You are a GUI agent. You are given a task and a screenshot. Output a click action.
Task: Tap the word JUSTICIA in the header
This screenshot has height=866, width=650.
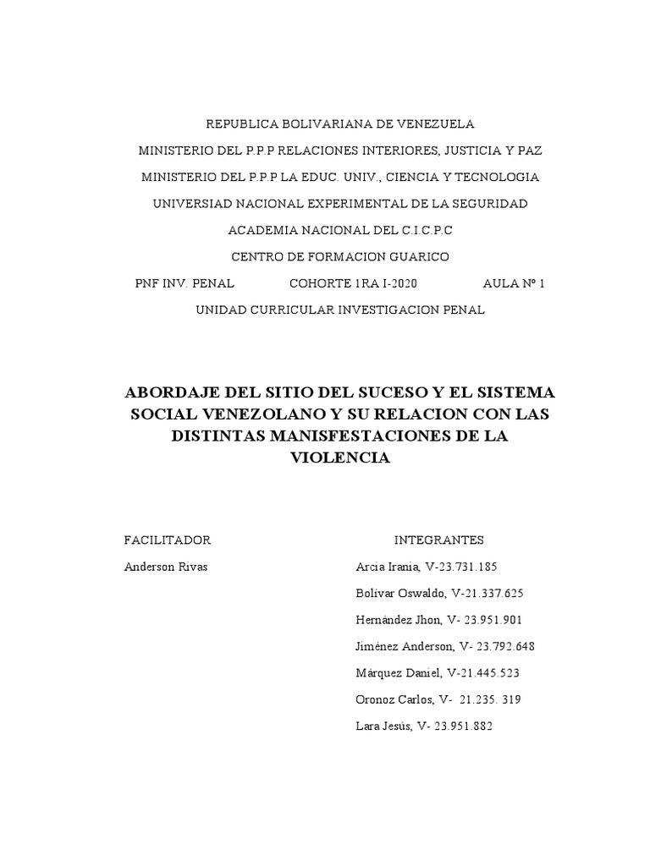tap(471, 151)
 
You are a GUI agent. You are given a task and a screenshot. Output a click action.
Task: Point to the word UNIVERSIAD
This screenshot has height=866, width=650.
tap(193, 204)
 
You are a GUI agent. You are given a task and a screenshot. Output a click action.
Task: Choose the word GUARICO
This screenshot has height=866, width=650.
tap(417, 256)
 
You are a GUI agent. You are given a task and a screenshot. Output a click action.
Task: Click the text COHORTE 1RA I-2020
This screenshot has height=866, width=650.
tap(353, 283)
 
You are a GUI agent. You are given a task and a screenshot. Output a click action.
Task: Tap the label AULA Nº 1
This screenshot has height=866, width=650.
tap(514, 283)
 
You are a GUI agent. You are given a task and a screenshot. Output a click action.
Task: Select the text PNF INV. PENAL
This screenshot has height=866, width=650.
tap(185, 283)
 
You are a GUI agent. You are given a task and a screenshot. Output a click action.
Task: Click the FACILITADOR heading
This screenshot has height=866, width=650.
tap(167, 540)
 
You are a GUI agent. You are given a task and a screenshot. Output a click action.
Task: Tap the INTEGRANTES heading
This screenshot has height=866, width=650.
tap(438, 540)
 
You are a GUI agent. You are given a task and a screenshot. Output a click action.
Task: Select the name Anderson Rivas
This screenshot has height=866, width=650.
tap(165, 567)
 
